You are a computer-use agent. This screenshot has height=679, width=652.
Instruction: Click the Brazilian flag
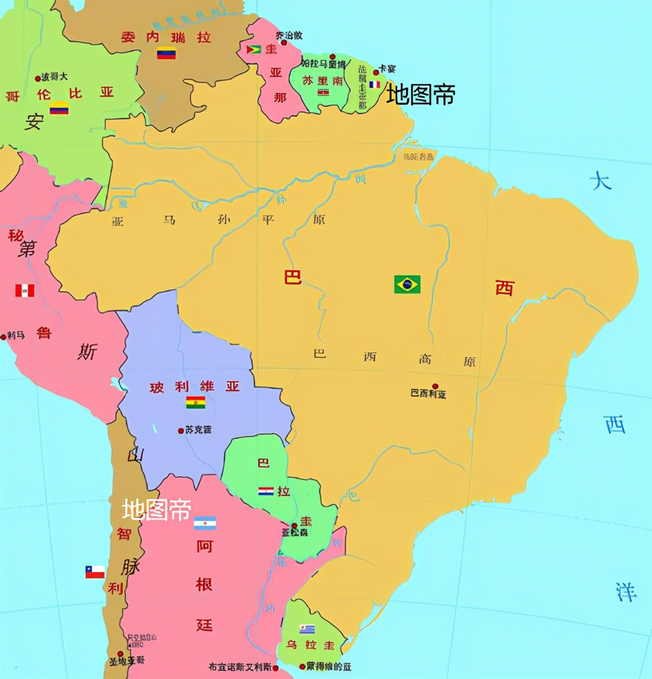407,284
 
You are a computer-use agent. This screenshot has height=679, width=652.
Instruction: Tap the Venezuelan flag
166,53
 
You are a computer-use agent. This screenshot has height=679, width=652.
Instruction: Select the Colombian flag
59,108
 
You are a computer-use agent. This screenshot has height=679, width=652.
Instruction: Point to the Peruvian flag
25,290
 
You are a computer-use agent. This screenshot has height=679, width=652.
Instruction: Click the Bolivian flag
196,402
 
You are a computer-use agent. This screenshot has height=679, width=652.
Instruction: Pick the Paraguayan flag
265,491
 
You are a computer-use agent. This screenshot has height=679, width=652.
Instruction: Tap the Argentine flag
205,523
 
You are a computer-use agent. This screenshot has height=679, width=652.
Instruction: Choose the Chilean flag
95,571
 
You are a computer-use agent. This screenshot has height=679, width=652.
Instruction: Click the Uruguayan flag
307,629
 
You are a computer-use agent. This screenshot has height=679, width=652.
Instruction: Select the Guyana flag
253,50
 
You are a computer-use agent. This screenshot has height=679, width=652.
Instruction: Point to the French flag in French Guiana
374,84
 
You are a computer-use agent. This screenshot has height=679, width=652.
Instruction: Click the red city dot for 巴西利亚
435,386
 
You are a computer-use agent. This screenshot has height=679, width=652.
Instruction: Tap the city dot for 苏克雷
181,430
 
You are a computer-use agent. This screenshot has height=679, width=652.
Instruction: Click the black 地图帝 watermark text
421,94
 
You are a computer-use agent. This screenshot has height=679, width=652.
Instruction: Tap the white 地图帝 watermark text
156,510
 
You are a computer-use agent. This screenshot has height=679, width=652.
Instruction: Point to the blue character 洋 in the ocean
626,592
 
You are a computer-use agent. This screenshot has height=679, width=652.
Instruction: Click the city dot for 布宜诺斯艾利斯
275,668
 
